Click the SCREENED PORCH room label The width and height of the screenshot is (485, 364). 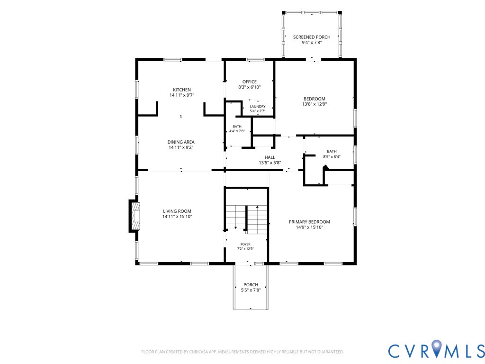(x=312, y=37)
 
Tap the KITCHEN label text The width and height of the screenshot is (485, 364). (x=182, y=90)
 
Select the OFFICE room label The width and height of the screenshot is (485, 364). (x=249, y=82)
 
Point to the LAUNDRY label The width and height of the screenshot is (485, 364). (x=258, y=107)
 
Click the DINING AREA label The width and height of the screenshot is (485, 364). (x=181, y=142)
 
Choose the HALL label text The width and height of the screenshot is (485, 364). (x=269, y=157)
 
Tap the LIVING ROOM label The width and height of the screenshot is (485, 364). (x=177, y=211)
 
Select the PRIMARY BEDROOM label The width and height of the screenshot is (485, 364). (x=309, y=222)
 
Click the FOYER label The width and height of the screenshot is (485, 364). (x=246, y=244)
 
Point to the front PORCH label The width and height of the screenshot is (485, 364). (x=251, y=285)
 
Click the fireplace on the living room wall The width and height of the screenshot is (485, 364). (x=134, y=216)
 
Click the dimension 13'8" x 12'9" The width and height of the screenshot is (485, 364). (x=314, y=104)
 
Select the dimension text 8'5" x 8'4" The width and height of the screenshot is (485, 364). (x=332, y=156)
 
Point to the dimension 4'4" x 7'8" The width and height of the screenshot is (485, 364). (x=237, y=131)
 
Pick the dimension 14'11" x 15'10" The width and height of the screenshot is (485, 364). (x=177, y=217)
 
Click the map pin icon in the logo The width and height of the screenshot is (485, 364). (x=436, y=347)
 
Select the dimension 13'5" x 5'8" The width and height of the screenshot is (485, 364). (x=269, y=163)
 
